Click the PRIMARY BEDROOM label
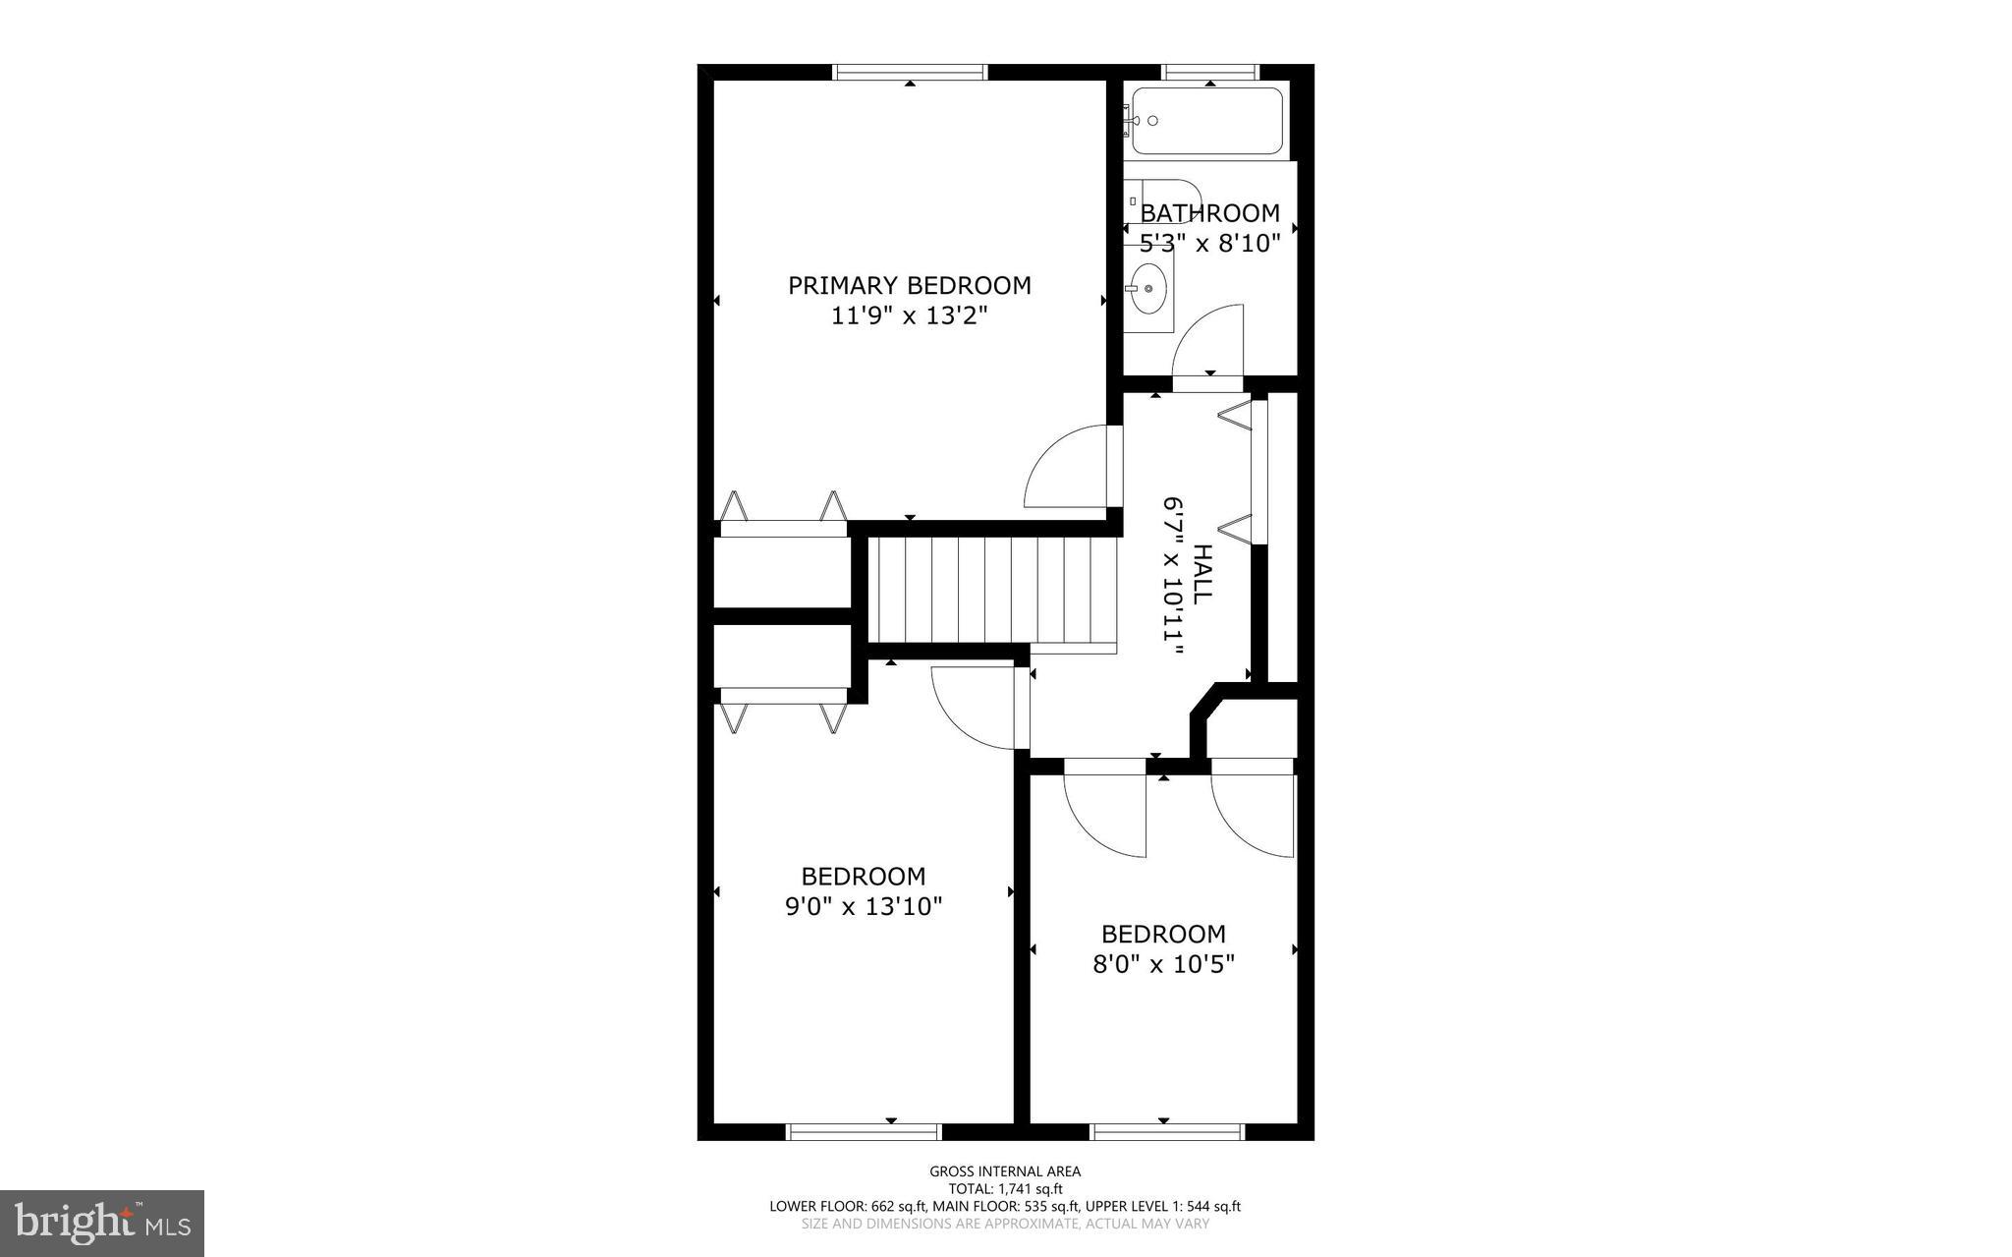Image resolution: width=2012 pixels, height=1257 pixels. pos(910,285)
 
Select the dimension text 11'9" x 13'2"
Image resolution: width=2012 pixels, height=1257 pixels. pos(909,315)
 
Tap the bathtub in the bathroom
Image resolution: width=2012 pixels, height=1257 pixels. pos(1207,121)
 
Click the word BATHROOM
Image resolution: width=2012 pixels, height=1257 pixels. pos(1210,213)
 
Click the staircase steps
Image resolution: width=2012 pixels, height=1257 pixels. pos(992,590)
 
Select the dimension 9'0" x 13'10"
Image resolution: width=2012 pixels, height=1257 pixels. pos(864,905)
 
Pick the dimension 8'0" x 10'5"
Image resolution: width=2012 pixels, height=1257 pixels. pos(1163,963)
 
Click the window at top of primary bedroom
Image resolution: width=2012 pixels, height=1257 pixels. pos(910,72)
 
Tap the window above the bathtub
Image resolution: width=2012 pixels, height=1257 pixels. pos(1210,72)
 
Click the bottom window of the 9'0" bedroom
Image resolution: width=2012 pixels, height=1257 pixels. pos(864,1132)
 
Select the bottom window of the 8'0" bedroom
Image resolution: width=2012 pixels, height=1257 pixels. pos(1168,1132)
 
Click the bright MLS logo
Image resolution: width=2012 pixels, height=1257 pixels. pos(102,1223)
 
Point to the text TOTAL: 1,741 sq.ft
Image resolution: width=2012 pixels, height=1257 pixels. pos(1005,1188)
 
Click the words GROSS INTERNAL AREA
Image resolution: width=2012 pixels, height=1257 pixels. pos(1005,1171)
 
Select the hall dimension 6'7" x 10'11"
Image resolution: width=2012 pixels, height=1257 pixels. pos(1172,568)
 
